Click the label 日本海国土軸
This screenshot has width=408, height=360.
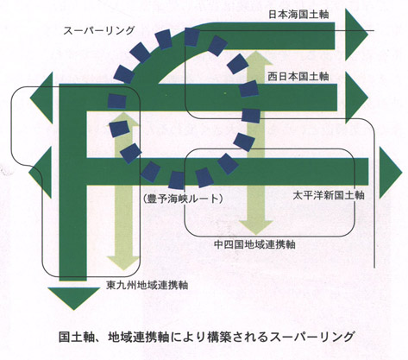[x=298, y=15]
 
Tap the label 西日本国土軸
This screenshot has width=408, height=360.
[x=298, y=77]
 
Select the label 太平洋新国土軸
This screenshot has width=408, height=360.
[x=329, y=195]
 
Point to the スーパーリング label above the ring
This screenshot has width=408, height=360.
[x=99, y=30]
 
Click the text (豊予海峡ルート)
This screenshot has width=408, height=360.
[x=182, y=199]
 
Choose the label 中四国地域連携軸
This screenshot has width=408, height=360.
[x=255, y=244]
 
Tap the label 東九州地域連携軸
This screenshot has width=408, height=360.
[x=148, y=285]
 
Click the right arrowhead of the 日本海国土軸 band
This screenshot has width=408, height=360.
[x=356, y=35]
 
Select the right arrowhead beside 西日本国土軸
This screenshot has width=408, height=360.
[x=356, y=98]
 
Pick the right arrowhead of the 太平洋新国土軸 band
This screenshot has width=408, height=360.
[x=391, y=172]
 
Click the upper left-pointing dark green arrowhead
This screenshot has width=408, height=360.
[x=42, y=98]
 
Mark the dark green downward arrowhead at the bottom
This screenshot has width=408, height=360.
[x=74, y=299]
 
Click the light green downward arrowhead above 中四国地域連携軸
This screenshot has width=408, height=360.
[x=256, y=227]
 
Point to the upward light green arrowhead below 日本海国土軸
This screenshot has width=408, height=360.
[x=256, y=58]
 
